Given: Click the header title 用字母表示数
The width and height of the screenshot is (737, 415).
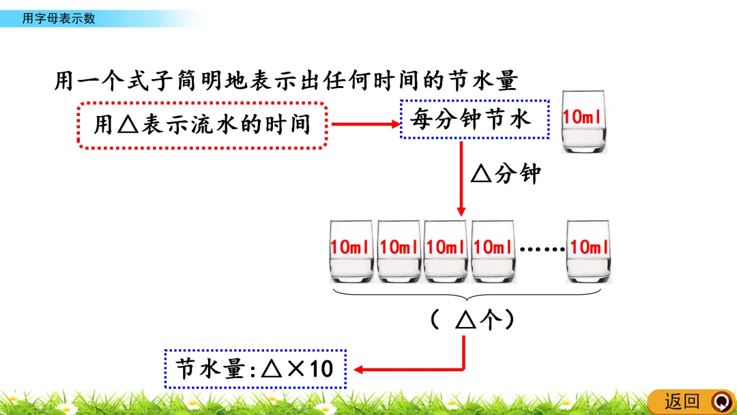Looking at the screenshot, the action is point(59,18).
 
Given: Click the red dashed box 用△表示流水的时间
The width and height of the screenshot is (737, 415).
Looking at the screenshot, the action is point(203,125).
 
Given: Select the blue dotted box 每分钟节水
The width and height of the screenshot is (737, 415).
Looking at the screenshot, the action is point(474,120).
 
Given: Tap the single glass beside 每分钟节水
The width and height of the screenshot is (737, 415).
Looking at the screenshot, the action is point(583,121).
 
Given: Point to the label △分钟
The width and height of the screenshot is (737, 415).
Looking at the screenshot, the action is point(506,175).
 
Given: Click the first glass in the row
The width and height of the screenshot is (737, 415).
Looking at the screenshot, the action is point(351,251).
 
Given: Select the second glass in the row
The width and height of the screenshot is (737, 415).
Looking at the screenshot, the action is point(399,251).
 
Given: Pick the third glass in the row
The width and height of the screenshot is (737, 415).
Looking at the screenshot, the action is point(446,251).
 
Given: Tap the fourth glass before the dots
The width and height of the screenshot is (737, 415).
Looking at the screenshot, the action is point(493,251).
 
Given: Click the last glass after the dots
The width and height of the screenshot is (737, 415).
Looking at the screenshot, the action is point(589,251).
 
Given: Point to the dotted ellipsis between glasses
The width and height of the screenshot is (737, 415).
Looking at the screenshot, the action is point(542,248).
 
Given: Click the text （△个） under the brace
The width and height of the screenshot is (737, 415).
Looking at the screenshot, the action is point(473,320).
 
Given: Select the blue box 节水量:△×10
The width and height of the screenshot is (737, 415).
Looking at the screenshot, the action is point(255,369).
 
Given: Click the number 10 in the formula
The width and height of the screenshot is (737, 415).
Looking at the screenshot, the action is point(321,369).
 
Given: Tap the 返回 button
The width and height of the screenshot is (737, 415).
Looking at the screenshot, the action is point(682,401).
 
